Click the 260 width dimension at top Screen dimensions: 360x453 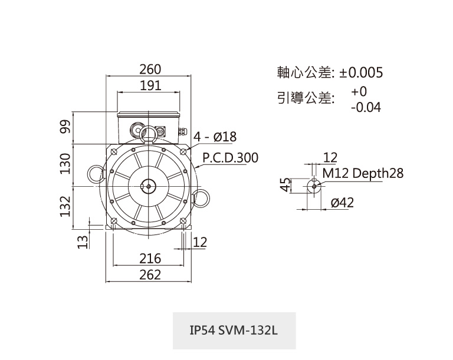(x=150, y=70)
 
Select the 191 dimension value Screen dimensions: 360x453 (x=150, y=85)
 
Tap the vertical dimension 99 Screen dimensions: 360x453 (x=66, y=128)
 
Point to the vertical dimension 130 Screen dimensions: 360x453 (x=66, y=163)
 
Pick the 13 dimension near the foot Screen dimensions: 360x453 (x=83, y=240)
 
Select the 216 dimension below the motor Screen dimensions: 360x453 (x=150, y=259)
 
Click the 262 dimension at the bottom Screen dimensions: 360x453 (x=150, y=275)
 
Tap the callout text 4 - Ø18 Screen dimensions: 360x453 (x=215, y=137)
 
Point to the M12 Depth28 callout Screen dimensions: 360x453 (x=363, y=173)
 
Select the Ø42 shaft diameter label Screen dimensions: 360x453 (x=342, y=203)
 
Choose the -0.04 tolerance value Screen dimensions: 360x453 (x=365, y=108)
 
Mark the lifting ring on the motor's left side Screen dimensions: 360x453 (x=94, y=172)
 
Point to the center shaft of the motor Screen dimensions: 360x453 (x=148, y=185)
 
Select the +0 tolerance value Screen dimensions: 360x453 (x=359, y=92)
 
